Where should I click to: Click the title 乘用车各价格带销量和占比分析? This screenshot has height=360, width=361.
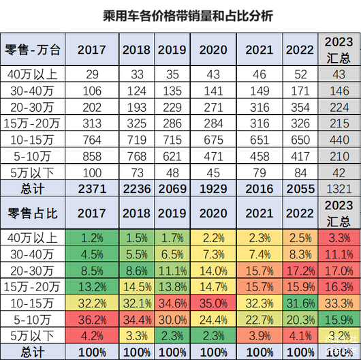click(188, 16)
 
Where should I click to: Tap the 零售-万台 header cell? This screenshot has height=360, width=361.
click(33, 49)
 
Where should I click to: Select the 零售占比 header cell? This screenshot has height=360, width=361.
click(33, 213)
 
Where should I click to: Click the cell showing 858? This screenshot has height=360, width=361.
click(92, 156)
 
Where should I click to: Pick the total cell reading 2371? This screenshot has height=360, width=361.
click(92, 189)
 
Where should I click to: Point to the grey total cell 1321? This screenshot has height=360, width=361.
click(339, 189)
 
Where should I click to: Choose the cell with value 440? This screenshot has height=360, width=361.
click(339, 140)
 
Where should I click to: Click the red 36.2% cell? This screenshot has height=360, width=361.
click(92, 320)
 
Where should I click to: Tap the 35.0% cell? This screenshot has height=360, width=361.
click(213, 303)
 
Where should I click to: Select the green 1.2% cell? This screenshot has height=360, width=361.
click(92, 238)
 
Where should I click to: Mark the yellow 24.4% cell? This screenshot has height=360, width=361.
click(213, 320)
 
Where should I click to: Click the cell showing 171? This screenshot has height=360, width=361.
click(300, 91)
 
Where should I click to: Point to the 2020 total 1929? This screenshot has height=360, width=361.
click(213, 189)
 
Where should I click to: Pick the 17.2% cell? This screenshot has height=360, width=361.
click(300, 271)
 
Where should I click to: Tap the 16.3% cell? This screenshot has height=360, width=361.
click(339, 287)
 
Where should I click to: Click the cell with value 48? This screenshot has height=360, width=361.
click(172, 172)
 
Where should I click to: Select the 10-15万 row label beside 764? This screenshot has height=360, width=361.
click(33, 140)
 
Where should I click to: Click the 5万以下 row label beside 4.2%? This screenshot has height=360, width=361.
click(33, 336)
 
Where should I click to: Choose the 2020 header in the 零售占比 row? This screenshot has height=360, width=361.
click(213, 213)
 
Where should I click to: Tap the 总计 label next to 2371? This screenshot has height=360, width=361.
click(33, 189)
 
